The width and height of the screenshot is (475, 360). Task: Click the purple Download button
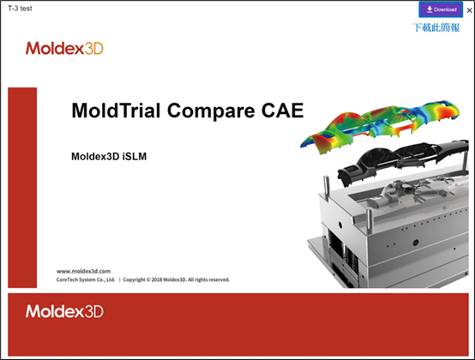pos(440,9)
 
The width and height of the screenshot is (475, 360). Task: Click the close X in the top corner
pos(469,10)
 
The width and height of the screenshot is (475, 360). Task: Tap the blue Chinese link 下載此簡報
pos(436,27)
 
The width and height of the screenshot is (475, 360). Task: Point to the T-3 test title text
pos(21,9)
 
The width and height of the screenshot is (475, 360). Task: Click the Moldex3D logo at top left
pos(63,48)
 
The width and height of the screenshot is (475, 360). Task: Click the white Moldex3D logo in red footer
pos(63,311)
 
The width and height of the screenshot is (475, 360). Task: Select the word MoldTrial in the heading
pos(111,111)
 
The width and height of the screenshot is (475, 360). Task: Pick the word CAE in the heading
pos(282,111)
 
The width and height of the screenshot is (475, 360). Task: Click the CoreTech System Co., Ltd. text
pos(85,279)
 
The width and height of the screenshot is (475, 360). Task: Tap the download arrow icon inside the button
pos(429,9)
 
